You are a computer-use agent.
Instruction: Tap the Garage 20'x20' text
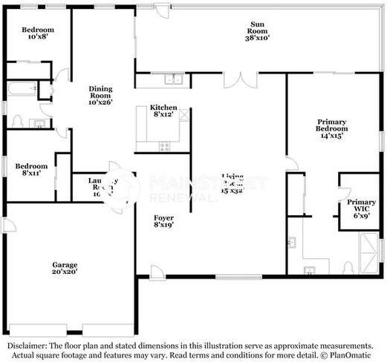[64, 268]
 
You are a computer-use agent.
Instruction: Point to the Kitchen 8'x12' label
[163, 111]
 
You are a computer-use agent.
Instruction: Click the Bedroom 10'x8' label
[36, 34]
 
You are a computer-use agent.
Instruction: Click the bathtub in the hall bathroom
[22, 90]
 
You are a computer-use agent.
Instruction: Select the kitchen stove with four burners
[163, 146]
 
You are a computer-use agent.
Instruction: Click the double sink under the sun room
[173, 79]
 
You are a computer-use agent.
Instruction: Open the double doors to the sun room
[241, 79]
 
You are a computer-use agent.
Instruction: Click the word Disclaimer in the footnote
[27, 346]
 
